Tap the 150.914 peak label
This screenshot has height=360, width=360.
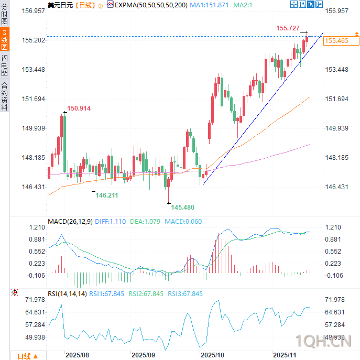[79, 108]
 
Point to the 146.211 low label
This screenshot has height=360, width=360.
[106, 195]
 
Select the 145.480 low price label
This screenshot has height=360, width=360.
[182, 207]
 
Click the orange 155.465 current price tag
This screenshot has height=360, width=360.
[336, 40]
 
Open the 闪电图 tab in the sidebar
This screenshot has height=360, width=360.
[5, 65]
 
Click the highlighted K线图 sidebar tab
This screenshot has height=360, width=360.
[5, 40]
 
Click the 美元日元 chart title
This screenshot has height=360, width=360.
[60, 5]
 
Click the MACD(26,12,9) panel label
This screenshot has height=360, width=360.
[70, 222]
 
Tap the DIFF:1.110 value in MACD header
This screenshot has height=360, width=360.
[111, 222]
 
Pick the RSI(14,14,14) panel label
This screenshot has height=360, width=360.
[67, 294]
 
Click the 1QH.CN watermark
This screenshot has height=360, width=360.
[322, 342]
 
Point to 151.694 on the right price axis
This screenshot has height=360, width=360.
[336, 99]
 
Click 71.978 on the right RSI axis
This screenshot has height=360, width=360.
[336, 299]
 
